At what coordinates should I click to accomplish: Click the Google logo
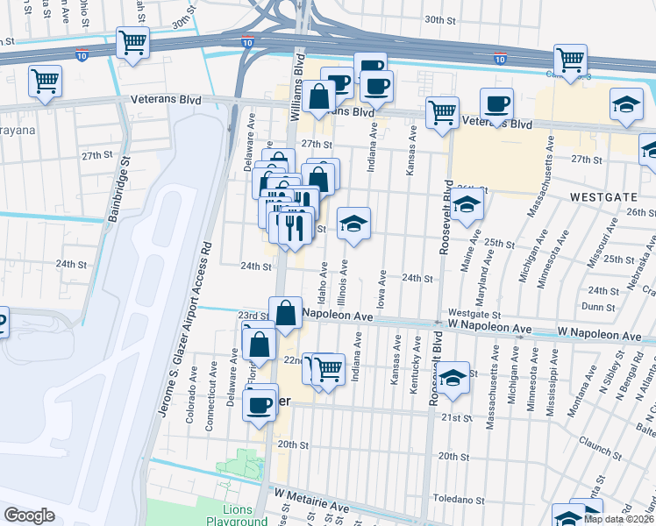29,515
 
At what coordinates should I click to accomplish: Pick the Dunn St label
598,307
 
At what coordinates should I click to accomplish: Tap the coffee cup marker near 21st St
260,403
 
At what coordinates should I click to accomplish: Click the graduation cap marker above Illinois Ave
353,224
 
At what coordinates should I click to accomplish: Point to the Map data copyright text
618,519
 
